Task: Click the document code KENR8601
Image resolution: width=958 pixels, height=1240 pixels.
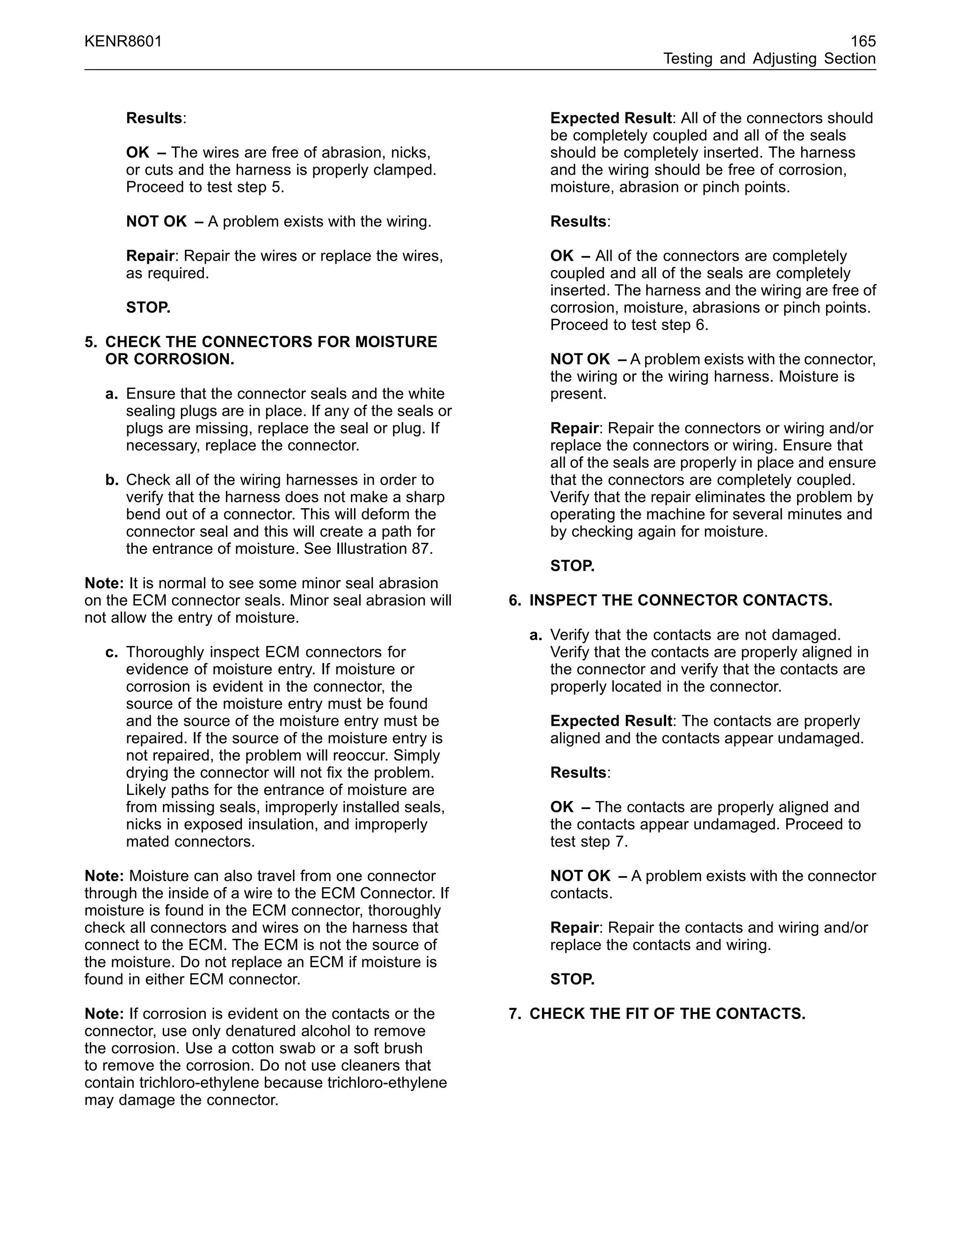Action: pyautogui.click(x=123, y=42)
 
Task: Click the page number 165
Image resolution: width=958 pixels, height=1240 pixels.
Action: pyautogui.click(x=863, y=42)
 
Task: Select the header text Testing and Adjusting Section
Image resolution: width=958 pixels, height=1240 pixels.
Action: pyautogui.click(x=769, y=59)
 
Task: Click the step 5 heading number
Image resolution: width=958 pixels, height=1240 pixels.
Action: pyautogui.click(x=91, y=343)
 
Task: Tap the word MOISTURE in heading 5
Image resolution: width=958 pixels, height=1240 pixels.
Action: pyautogui.click(x=396, y=343)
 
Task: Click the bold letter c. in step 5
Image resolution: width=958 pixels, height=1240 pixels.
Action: pyautogui.click(x=112, y=652)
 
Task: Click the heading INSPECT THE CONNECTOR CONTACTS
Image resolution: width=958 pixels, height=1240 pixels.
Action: pyautogui.click(x=681, y=601)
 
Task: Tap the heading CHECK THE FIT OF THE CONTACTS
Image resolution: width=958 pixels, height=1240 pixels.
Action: pyautogui.click(x=667, y=1014)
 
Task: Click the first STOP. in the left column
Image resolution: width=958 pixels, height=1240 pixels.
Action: pyautogui.click(x=148, y=308)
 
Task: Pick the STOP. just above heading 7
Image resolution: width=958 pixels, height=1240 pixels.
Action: pyautogui.click(x=572, y=979)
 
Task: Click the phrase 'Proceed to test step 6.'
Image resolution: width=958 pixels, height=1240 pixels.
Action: pyautogui.click(x=629, y=325)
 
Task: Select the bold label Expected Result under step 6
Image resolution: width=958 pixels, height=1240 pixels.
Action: pyautogui.click(x=610, y=721)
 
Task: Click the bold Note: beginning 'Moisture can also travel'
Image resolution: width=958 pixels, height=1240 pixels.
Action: pyautogui.click(x=104, y=876)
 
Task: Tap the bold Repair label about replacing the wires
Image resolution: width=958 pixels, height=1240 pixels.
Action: pyautogui.click(x=150, y=256)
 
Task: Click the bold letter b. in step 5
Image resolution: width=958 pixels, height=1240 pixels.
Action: pyautogui.click(x=112, y=481)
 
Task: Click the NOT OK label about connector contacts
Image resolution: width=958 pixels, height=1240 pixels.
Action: pyautogui.click(x=580, y=876)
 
